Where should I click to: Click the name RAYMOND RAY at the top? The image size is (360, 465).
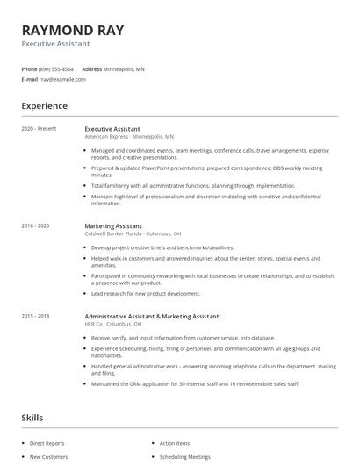pos(73,31)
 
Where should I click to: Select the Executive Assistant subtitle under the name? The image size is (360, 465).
pos(56,44)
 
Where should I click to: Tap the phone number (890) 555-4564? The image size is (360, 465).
pos(57,68)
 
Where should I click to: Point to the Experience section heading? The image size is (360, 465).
pos(45,106)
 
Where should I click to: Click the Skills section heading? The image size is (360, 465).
pos(32,418)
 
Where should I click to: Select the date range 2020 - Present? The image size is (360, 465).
pos(39,129)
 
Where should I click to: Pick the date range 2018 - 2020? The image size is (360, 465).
pos(35,225)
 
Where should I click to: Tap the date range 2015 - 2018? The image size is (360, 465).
pos(35,316)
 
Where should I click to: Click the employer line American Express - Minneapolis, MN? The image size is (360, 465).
pos(129,137)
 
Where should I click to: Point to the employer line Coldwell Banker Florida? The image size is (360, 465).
pos(133,233)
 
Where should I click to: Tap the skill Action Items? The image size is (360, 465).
pos(175,443)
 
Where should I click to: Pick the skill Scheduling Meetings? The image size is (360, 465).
pos(185,457)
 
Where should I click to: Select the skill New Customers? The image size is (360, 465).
pos(49,457)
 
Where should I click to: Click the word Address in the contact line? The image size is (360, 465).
pos(92,68)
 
